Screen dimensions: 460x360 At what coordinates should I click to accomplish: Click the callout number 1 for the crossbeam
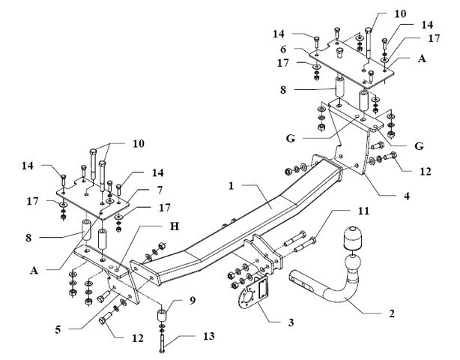click(x=231, y=186)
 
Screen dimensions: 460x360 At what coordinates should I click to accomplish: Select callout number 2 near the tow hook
click(x=392, y=313)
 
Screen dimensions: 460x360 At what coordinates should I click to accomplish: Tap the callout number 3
click(x=291, y=322)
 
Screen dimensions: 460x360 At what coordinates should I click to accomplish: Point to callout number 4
click(x=407, y=196)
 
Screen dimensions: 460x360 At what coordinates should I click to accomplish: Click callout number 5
click(x=58, y=329)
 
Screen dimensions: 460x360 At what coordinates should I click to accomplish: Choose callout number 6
click(x=283, y=49)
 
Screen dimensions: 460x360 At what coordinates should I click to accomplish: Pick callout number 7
click(x=160, y=190)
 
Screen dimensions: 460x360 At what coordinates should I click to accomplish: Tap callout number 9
click(x=193, y=301)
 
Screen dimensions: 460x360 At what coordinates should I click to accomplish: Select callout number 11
click(x=363, y=211)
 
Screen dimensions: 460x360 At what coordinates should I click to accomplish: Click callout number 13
click(x=208, y=336)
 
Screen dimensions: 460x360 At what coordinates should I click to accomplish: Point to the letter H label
click(x=175, y=226)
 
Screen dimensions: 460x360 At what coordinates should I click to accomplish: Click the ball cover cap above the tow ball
click(x=352, y=237)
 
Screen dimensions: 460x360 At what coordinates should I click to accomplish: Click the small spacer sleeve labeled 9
click(x=161, y=316)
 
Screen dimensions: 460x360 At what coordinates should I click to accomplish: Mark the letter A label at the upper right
click(x=422, y=58)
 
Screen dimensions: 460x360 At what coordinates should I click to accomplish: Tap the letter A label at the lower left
click(x=34, y=270)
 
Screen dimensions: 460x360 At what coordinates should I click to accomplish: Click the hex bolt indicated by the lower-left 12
click(x=105, y=318)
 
